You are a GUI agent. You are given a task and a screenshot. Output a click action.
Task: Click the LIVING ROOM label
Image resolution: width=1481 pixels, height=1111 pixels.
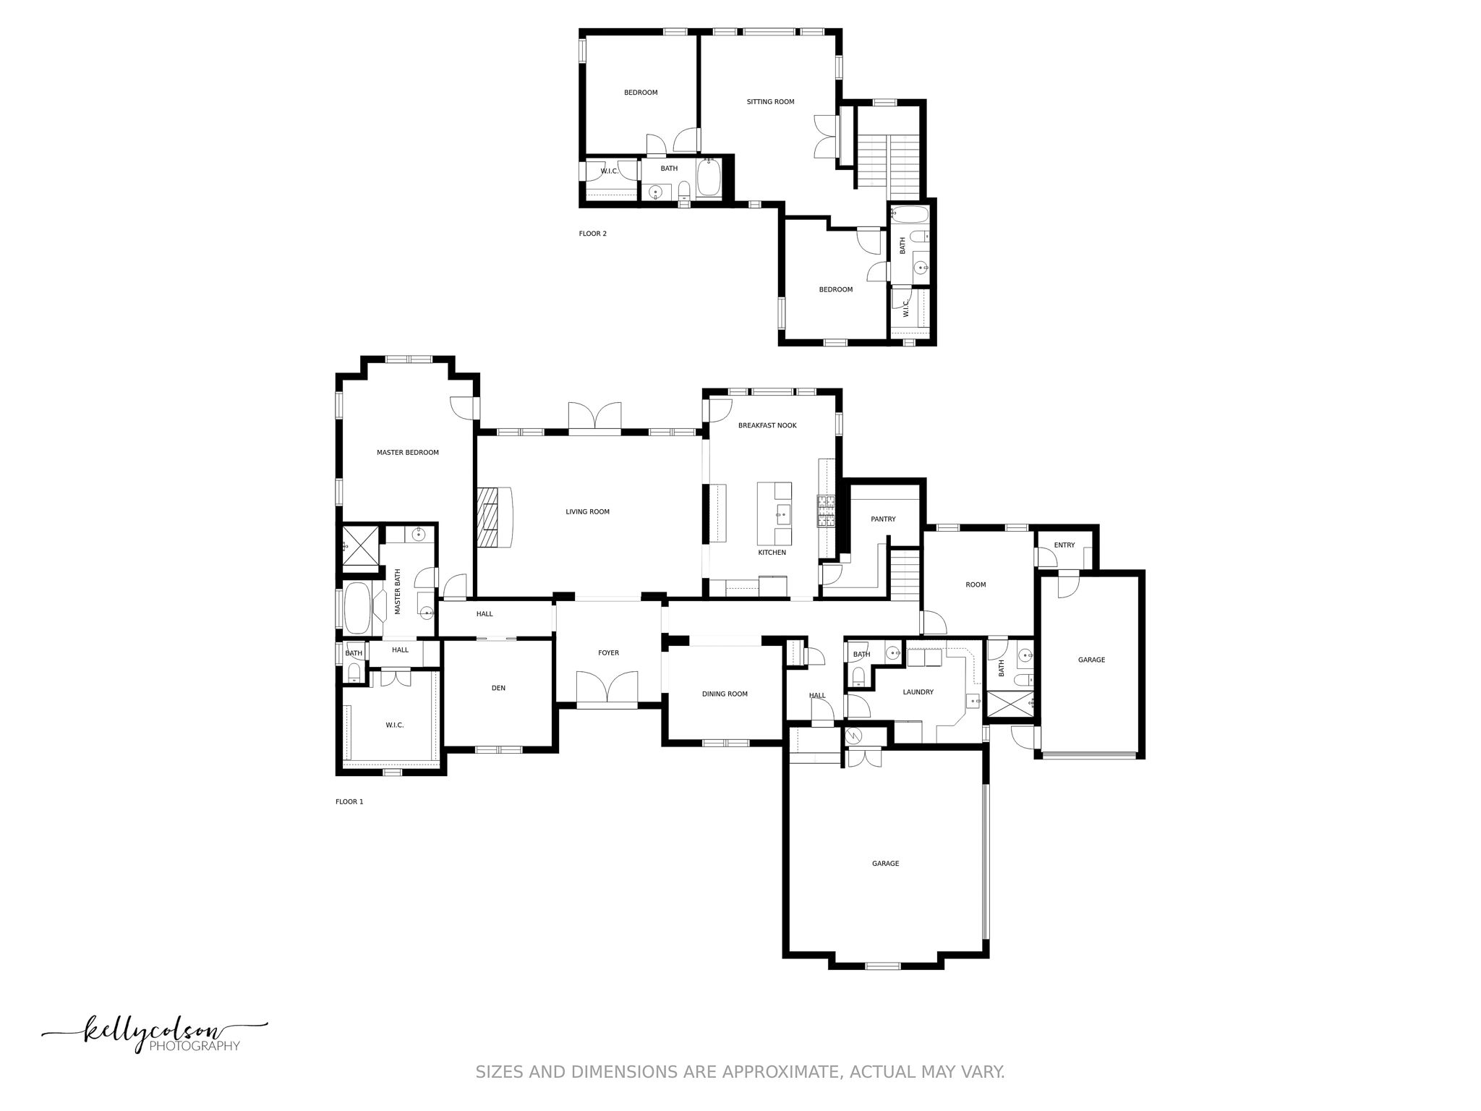click(587, 512)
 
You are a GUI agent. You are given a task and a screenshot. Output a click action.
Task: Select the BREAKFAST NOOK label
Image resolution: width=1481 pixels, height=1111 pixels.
click(767, 425)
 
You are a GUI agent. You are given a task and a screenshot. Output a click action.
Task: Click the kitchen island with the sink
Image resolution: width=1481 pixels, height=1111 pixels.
click(774, 514)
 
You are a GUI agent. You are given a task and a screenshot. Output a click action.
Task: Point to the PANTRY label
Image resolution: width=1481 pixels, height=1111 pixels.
click(883, 519)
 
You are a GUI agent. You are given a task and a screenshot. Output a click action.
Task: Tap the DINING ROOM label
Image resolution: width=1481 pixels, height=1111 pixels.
click(725, 694)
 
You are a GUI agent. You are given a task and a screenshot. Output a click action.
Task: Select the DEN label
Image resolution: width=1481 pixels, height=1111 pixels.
click(498, 688)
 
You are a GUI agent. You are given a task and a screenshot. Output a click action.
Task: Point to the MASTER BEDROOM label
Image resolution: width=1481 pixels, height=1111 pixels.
click(407, 453)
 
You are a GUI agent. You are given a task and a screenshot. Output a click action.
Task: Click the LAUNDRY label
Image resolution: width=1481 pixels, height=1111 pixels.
click(918, 692)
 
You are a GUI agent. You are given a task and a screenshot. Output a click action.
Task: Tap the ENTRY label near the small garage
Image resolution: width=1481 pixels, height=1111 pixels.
click(1064, 545)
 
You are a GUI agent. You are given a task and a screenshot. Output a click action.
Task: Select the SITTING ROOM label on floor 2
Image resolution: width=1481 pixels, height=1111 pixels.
click(770, 102)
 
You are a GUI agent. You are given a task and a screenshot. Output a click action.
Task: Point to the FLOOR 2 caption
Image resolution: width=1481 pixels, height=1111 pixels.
click(592, 234)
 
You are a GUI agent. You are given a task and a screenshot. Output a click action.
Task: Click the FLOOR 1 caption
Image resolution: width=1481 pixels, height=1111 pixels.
click(349, 801)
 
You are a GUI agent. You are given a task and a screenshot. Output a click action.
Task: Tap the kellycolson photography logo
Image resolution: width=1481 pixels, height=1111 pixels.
click(155, 1033)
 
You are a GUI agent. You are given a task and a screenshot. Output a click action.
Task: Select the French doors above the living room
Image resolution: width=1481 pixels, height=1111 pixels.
click(594, 419)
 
